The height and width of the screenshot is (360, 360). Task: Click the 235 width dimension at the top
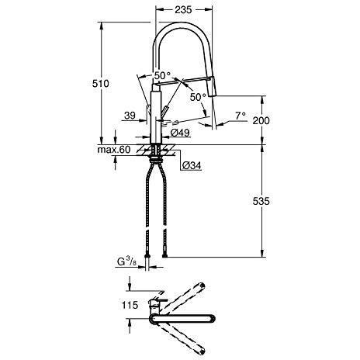183,10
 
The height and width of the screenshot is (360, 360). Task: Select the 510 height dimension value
101,84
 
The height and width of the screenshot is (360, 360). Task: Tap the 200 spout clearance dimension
261,120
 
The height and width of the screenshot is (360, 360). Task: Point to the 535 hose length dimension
261,201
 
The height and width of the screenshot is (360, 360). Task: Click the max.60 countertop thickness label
114,150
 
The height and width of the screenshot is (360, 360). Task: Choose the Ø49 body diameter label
180,133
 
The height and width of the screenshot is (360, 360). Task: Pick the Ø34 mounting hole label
192,165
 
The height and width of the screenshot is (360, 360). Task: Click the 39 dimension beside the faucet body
130,116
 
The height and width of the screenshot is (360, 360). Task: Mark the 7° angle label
241,116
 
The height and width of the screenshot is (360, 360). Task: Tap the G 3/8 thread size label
126,261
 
